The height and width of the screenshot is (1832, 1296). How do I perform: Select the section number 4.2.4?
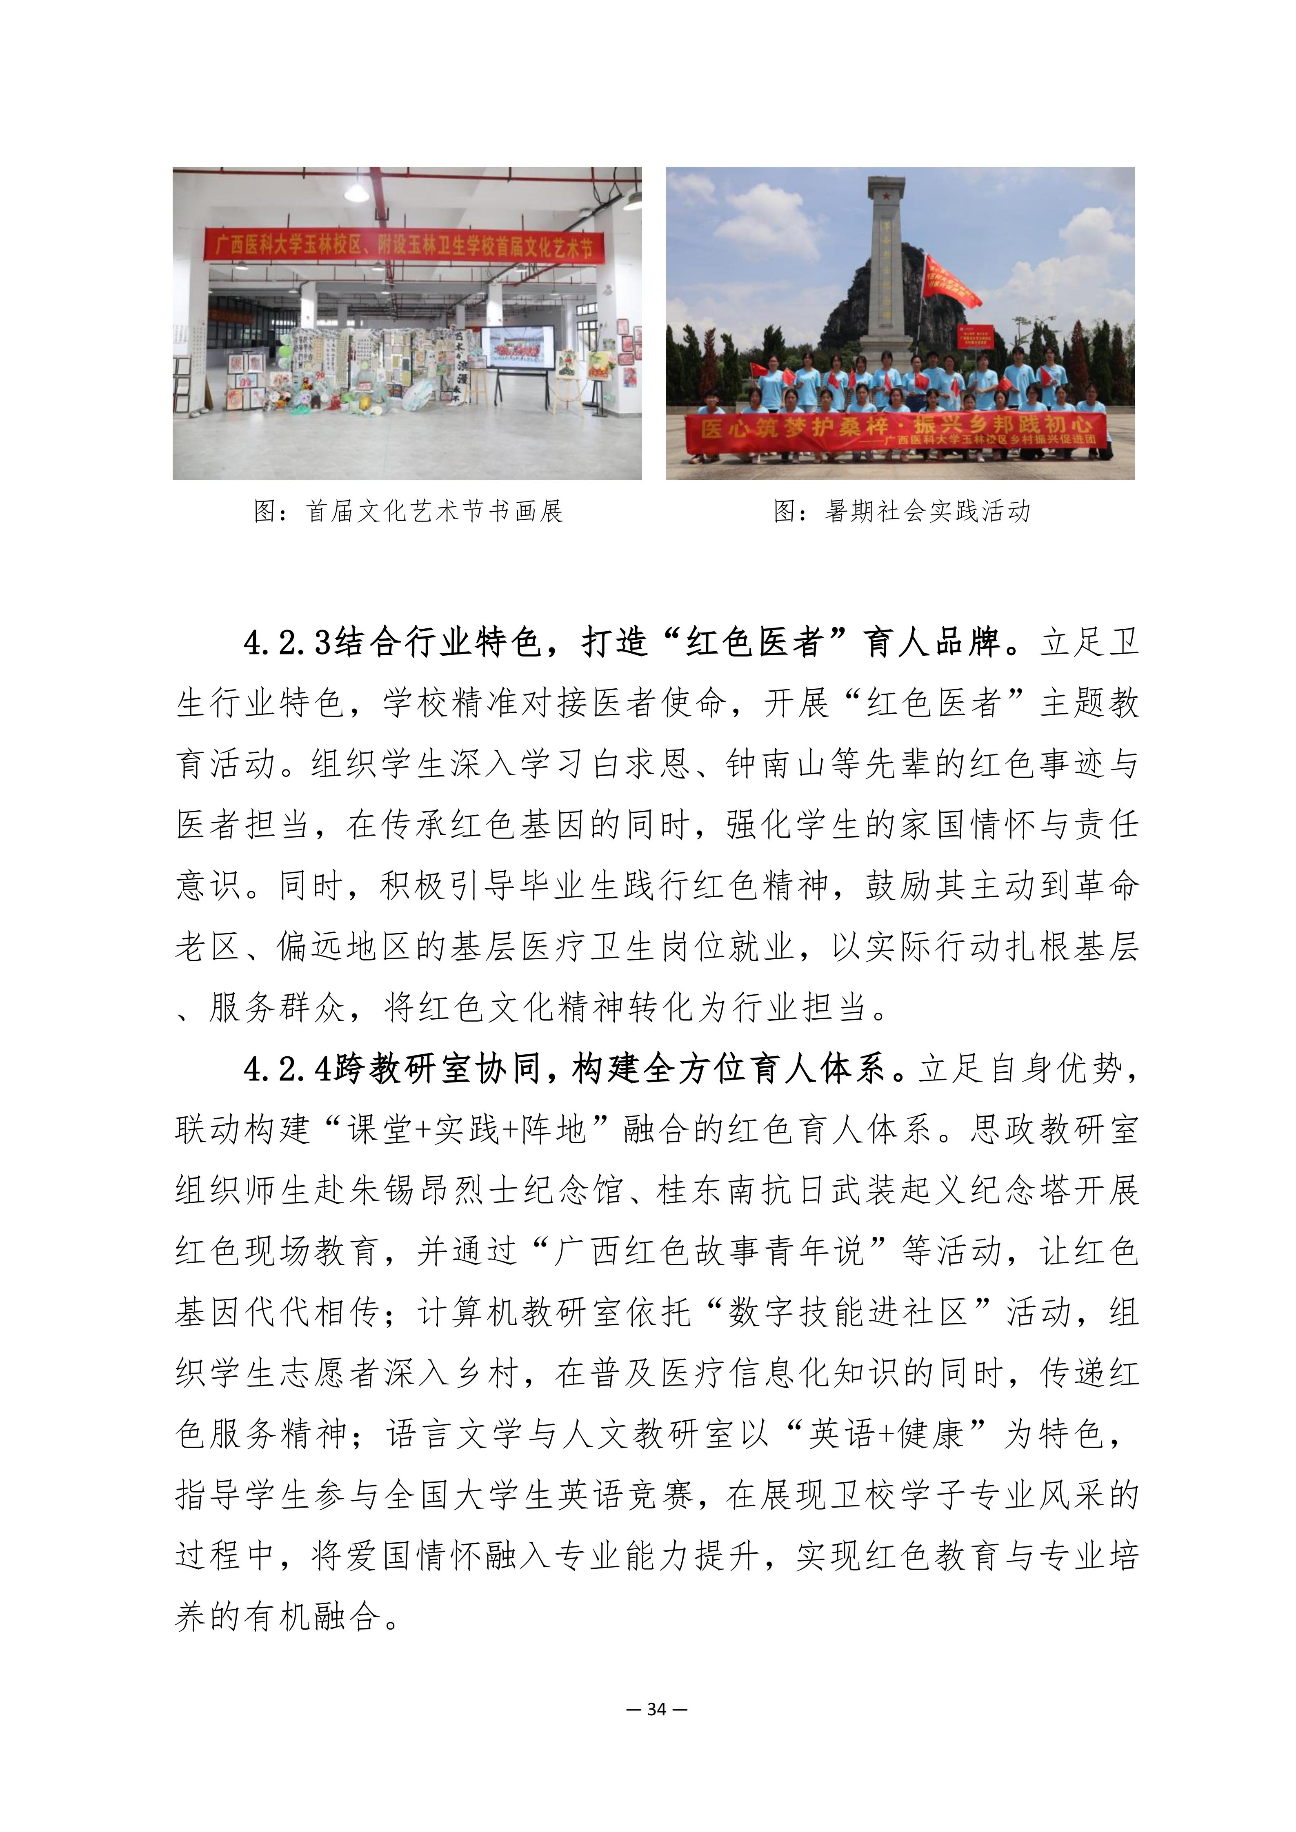click(x=287, y=1069)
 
